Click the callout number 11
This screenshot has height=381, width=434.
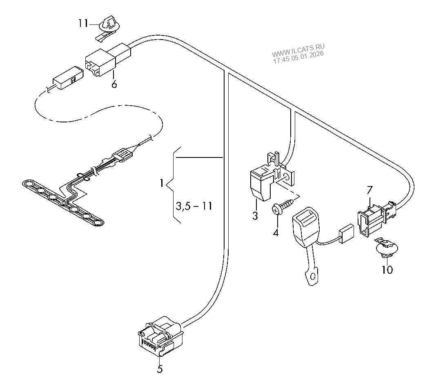[x=83, y=23]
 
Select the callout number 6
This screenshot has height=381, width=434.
[x=114, y=84]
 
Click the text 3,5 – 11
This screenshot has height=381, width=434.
[x=194, y=206]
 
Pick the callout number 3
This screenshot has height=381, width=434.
[x=255, y=216]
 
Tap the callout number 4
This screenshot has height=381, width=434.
[x=276, y=233]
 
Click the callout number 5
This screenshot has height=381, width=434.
[x=160, y=369]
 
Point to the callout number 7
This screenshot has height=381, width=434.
[x=369, y=190]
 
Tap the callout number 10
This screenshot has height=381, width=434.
[x=387, y=270]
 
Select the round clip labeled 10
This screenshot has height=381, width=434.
[x=386, y=249]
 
